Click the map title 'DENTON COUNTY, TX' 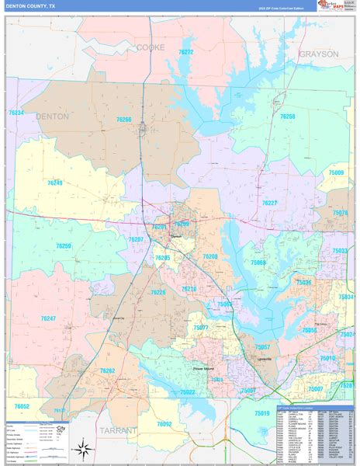[31, 5]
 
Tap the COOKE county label [151, 47]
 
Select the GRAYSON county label [318, 54]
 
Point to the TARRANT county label [117, 429]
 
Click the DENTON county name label [52, 116]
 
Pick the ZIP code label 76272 [186, 52]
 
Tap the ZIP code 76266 [124, 120]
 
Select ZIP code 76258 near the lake [287, 116]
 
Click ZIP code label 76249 [54, 183]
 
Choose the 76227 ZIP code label [269, 203]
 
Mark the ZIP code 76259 [64, 246]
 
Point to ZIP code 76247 [48, 318]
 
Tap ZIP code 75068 [258, 263]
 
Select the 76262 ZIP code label [107, 371]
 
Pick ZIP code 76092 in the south [164, 423]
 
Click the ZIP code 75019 [262, 413]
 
